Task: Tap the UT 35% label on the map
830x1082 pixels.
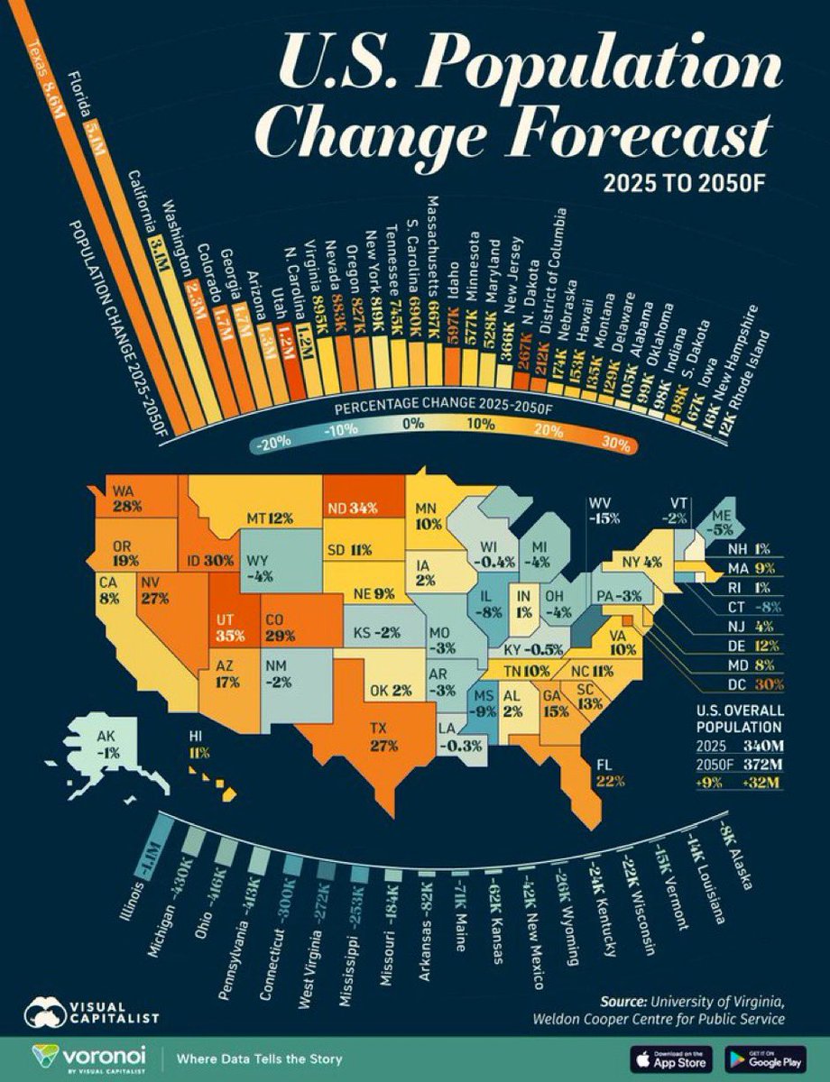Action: tap(226, 628)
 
